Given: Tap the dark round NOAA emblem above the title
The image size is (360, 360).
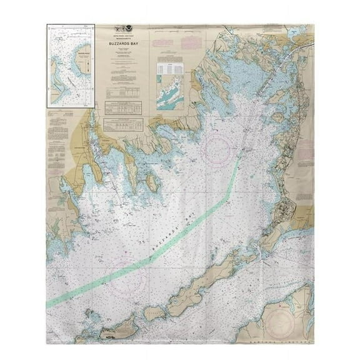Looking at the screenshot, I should click(129, 29).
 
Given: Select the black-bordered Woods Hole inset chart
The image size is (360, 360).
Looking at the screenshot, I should click(70, 66).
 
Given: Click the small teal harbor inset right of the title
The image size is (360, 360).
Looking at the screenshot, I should click(170, 97).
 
